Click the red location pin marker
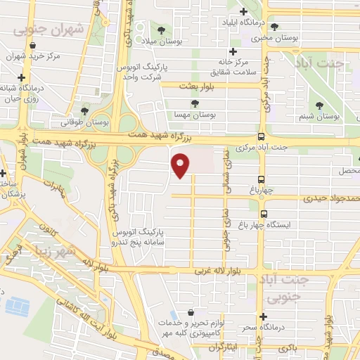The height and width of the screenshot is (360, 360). pos(181,164)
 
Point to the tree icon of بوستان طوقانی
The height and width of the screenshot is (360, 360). pos(84,110)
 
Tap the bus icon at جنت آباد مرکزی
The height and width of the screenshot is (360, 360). pos(262,137)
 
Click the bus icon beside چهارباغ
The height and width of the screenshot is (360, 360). pos(262,180)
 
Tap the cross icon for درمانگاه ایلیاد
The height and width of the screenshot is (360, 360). pos(243,11)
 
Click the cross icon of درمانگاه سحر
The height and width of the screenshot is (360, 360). pos(264,316)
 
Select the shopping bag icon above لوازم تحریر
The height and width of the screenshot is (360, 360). pos(191,313)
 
